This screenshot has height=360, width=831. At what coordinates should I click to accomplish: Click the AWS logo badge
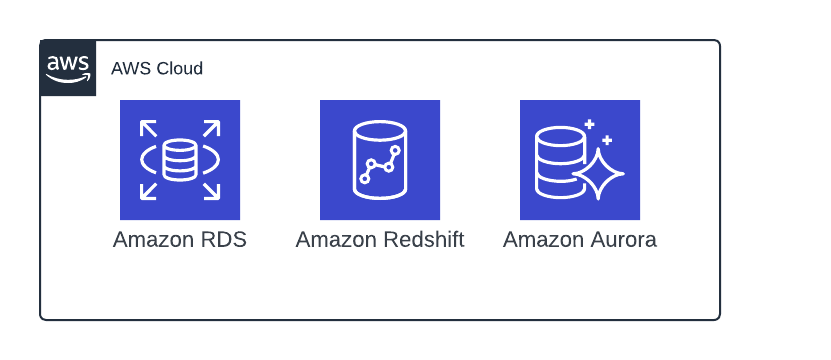(68, 68)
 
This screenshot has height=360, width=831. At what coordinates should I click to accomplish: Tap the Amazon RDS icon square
(180, 160)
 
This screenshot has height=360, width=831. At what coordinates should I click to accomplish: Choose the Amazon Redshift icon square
(380, 160)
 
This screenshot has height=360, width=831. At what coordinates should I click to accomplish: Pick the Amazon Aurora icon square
(580, 160)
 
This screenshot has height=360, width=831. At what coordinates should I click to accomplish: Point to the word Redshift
(424, 240)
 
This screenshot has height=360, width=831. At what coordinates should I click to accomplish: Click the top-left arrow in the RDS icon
(148, 129)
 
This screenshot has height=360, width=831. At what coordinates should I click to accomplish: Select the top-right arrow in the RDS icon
(211, 129)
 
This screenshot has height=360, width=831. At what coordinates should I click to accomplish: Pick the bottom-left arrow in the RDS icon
(148, 191)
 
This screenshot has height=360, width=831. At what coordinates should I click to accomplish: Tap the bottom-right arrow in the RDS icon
(211, 191)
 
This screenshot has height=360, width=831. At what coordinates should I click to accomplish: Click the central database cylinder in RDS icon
(180, 160)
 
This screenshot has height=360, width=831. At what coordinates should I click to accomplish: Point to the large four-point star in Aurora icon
(598, 173)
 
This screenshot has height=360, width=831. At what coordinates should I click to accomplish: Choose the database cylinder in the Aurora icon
(556, 160)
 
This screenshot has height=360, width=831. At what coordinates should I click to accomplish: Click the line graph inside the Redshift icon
(381, 166)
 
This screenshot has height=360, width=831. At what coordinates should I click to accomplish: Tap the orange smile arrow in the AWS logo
(68, 79)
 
